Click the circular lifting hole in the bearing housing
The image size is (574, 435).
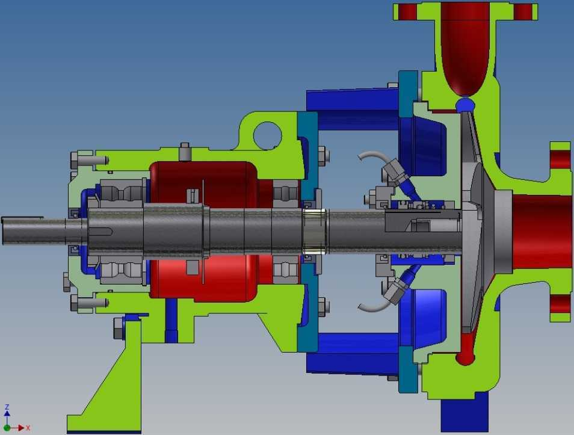pos(268,136)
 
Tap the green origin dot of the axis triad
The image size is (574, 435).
pos(7,428)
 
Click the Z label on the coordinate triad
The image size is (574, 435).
pos(7,407)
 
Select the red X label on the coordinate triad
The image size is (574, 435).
pos(28,428)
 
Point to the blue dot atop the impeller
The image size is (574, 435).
pos(465,104)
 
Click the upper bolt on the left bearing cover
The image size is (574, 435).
pos(89,160)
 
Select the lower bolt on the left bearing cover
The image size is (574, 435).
pos(89,303)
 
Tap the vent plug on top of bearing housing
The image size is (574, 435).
pos(185,152)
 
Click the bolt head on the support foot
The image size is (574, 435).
pos(119,329)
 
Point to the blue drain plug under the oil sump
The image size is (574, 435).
pos(171,321)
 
